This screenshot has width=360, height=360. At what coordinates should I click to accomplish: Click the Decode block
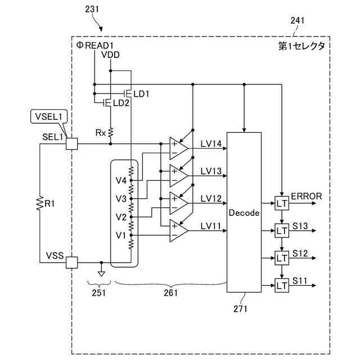(x=244, y=212)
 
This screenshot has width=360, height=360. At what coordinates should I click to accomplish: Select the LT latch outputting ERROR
(x=282, y=203)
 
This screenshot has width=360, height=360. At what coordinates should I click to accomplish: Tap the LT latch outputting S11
(x=282, y=285)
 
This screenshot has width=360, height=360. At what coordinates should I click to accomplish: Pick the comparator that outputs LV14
(x=179, y=148)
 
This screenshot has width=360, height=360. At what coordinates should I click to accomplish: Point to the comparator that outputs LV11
(x=179, y=231)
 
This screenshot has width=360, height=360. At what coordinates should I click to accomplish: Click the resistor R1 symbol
(x=40, y=203)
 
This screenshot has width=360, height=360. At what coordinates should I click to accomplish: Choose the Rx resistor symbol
(x=110, y=133)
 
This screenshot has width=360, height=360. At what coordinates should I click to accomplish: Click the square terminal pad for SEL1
(x=71, y=144)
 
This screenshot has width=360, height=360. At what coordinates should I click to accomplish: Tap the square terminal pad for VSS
(x=71, y=263)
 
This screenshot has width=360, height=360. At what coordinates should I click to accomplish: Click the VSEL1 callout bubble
(x=49, y=116)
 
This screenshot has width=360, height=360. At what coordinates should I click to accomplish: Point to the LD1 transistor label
(x=141, y=94)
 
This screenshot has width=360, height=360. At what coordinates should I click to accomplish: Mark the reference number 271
(x=240, y=309)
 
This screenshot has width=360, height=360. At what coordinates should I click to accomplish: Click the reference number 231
(x=92, y=9)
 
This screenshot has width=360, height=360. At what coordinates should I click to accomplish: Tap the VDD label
(x=110, y=55)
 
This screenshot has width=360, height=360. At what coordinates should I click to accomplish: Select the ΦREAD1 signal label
(x=95, y=45)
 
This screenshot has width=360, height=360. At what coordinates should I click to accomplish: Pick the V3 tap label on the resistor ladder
(x=121, y=199)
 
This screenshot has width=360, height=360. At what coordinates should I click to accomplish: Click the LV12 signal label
(x=211, y=199)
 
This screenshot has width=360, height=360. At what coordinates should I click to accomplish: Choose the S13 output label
(x=300, y=226)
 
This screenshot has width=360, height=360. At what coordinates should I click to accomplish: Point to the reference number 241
(x=298, y=21)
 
